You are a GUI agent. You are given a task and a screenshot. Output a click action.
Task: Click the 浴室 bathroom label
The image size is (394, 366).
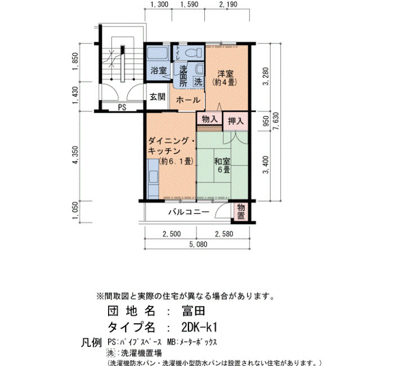[x=159, y=70]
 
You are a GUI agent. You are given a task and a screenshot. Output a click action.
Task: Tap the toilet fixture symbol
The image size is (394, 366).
[x=194, y=53]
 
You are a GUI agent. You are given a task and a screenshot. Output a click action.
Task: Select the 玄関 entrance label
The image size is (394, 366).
[x=158, y=97]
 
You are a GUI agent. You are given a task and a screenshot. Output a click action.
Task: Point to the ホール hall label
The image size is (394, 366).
[x=188, y=100]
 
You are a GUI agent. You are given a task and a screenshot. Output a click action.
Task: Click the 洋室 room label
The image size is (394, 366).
[x=225, y=74]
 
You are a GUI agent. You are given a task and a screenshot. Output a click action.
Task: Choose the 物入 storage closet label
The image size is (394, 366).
[x=209, y=119]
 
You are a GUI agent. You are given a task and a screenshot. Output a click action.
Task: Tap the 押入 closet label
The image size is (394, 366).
[x=236, y=121]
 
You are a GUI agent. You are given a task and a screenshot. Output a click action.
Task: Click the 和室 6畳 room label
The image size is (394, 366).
[x=222, y=165]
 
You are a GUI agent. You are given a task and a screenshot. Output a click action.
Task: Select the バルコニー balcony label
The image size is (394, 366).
[x=189, y=212]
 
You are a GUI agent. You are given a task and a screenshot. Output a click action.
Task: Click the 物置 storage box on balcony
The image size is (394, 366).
[x=241, y=212]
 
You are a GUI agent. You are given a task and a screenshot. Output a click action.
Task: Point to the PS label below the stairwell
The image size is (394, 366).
[x=122, y=108]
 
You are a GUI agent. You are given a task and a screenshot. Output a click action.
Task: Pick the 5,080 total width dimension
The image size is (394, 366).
[x=199, y=244]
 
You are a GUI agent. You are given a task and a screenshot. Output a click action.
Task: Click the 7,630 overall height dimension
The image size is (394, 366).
[x=276, y=122]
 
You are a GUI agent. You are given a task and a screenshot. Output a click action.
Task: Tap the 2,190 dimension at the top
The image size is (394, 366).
[x=228, y=5]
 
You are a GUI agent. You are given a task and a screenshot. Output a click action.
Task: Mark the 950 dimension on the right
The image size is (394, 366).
[x=266, y=121]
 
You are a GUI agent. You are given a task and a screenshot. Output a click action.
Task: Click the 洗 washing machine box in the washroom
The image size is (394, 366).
[x=198, y=82]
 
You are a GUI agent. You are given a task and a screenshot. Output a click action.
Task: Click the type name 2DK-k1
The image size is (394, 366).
[x=199, y=327]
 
